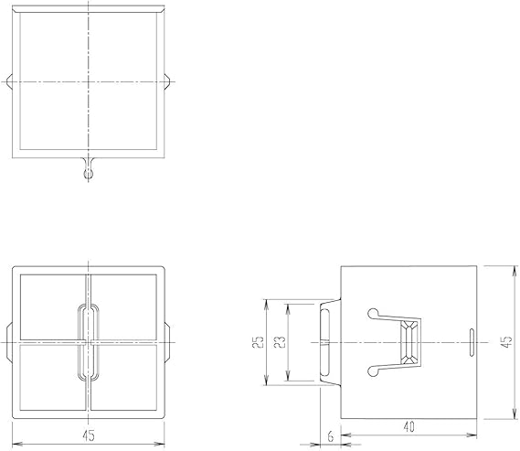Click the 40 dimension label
coord(409,427)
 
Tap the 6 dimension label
coord(331,436)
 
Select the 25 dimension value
coord(259,342)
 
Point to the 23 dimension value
coord(280,342)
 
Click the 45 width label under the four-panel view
coord(89,435)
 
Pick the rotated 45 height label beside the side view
coord(506,342)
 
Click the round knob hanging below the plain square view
coord(89,173)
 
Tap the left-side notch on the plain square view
coord(10,81)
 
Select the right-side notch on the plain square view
coord(167,81)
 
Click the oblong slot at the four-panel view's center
coord(89,342)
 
